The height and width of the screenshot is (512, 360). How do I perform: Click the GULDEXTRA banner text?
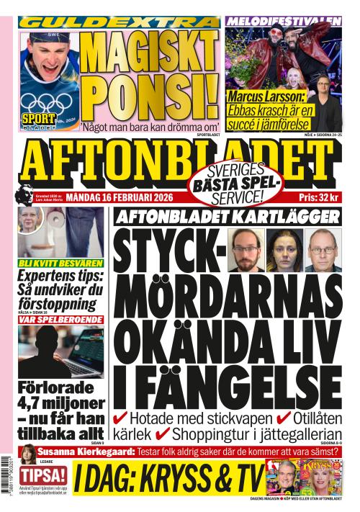coord(119,22)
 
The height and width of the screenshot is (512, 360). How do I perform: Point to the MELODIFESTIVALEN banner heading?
coord(283,22)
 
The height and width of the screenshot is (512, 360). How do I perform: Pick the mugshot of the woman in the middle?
coord(284,250)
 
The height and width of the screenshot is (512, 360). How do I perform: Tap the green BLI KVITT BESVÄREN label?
coord(60,264)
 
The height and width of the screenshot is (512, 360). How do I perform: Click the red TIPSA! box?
coord(43,475)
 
